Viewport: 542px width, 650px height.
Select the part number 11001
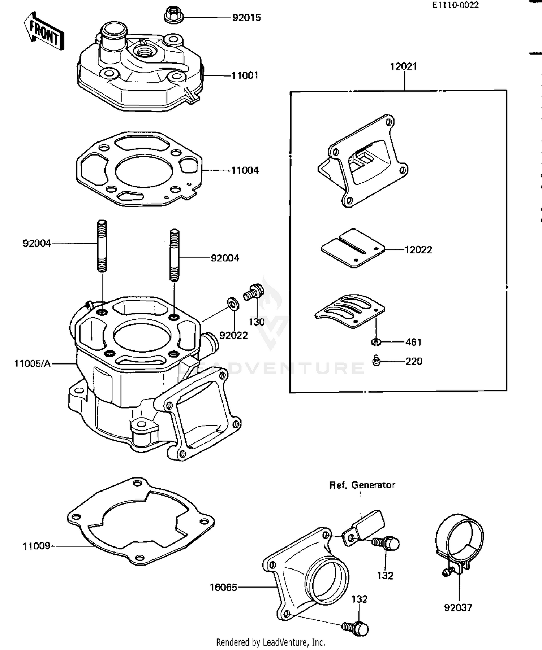coord(245,75)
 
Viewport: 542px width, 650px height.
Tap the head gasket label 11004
coord(245,170)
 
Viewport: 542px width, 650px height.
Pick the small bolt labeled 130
coord(254,292)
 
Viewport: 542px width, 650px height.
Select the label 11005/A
coord(33,363)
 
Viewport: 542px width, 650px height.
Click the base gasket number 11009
coord(36,546)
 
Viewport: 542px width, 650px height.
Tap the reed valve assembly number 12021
coord(404,66)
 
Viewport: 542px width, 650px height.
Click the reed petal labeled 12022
coord(353,248)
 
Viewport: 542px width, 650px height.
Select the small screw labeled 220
coord(376,361)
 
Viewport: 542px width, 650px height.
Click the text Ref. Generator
coord(362,485)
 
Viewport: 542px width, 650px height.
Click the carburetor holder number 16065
coord(224,588)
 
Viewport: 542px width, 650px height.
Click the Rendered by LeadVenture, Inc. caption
coord(271,642)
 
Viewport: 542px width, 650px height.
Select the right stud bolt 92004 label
coord(225,258)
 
